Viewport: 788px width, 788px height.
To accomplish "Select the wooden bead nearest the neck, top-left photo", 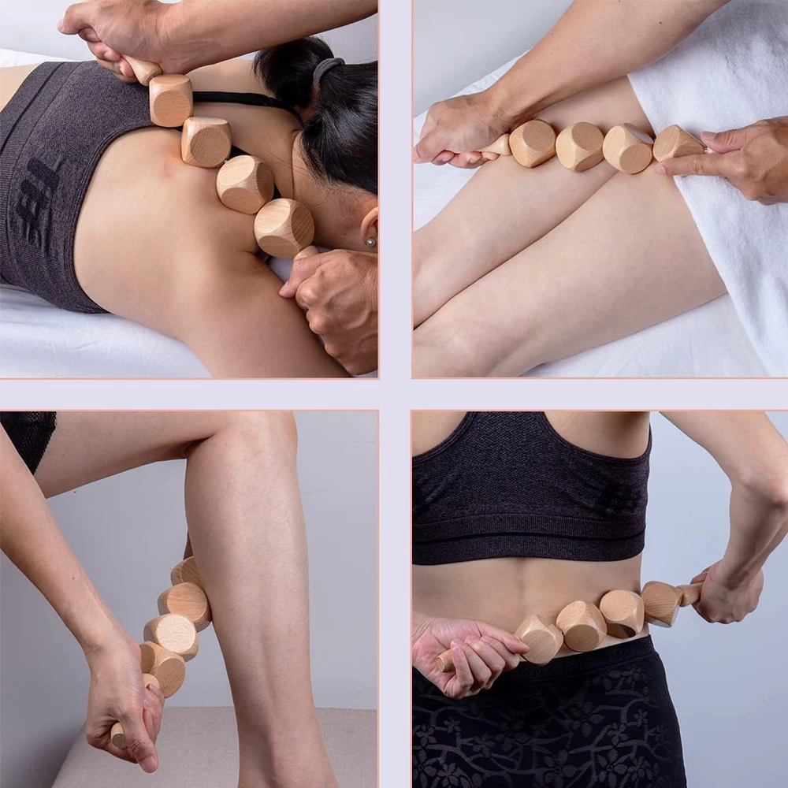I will pos(284,227).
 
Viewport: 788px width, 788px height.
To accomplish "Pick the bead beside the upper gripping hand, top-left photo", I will pos(170,100).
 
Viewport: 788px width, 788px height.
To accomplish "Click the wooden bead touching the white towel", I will pos(676,143).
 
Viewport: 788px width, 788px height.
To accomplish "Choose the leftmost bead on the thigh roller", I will pos(533,143).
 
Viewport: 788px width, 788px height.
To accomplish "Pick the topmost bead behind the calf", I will pos(187,571).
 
